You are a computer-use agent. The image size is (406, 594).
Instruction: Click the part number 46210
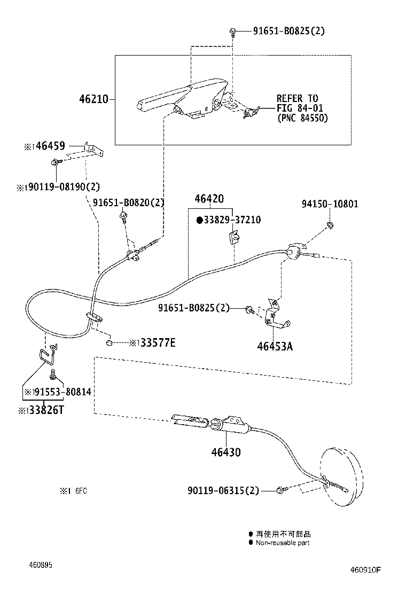(x=93, y=99)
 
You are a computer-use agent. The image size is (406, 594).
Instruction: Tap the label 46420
(x=209, y=198)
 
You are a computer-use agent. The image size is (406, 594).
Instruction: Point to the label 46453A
(x=275, y=346)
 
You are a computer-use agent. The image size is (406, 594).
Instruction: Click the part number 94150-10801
(x=330, y=204)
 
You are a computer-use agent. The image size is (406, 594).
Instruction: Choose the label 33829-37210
(x=232, y=220)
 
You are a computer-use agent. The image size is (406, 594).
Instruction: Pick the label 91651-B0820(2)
(x=128, y=202)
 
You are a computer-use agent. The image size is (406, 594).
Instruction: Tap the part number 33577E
(x=157, y=342)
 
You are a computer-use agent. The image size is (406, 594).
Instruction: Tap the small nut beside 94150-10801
(x=330, y=224)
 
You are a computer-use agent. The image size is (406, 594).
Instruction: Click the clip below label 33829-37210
(x=233, y=237)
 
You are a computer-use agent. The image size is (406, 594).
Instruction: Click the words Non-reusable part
(x=282, y=543)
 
